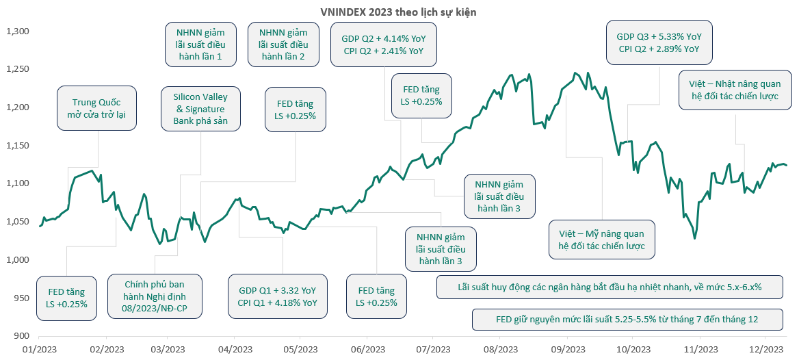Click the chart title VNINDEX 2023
399,12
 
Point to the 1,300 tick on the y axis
16,31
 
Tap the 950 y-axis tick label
20,298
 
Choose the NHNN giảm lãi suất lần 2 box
284,44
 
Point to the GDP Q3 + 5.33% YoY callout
659,43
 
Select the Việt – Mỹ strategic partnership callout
602,240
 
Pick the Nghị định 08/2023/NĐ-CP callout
155,296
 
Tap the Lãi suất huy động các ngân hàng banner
610,287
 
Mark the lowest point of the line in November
695,238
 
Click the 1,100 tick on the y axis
16,183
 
